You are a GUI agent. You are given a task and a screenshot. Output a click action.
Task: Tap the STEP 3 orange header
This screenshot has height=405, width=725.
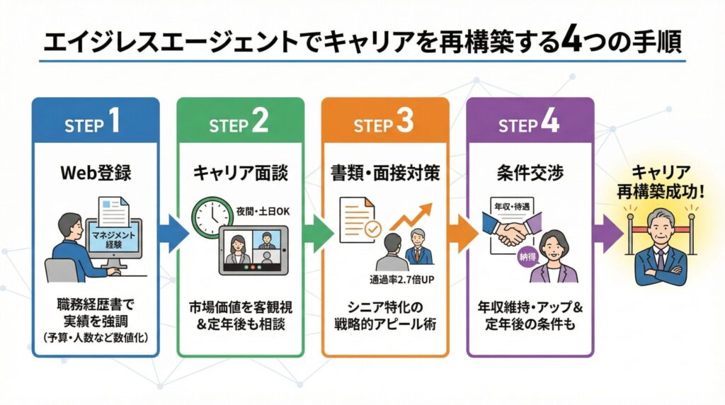[x=384, y=124]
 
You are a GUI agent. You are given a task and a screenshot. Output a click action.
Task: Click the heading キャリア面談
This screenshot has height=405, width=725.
[x=240, y=173]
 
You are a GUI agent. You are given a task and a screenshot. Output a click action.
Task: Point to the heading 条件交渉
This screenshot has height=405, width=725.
[x=529, y=173]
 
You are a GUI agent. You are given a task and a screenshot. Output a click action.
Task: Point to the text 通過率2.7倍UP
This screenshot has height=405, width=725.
[x=401, y=278]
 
